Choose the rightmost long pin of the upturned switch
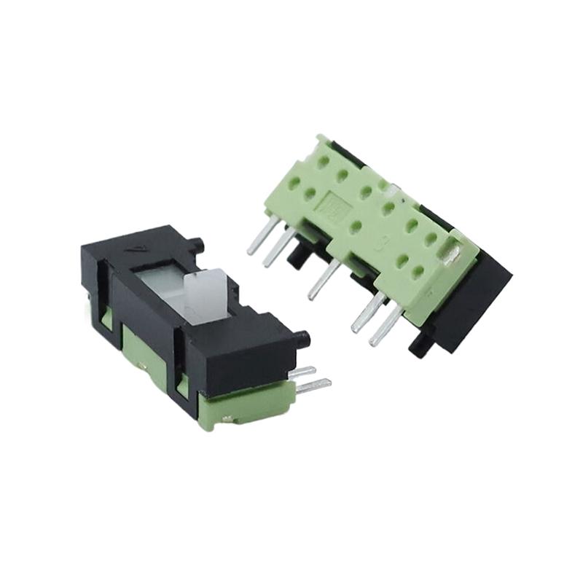(386, 325)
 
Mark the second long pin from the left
(279, 247)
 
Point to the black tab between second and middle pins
(297, 255)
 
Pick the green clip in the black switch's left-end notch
(106, 318)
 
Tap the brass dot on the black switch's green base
(229, 418)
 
